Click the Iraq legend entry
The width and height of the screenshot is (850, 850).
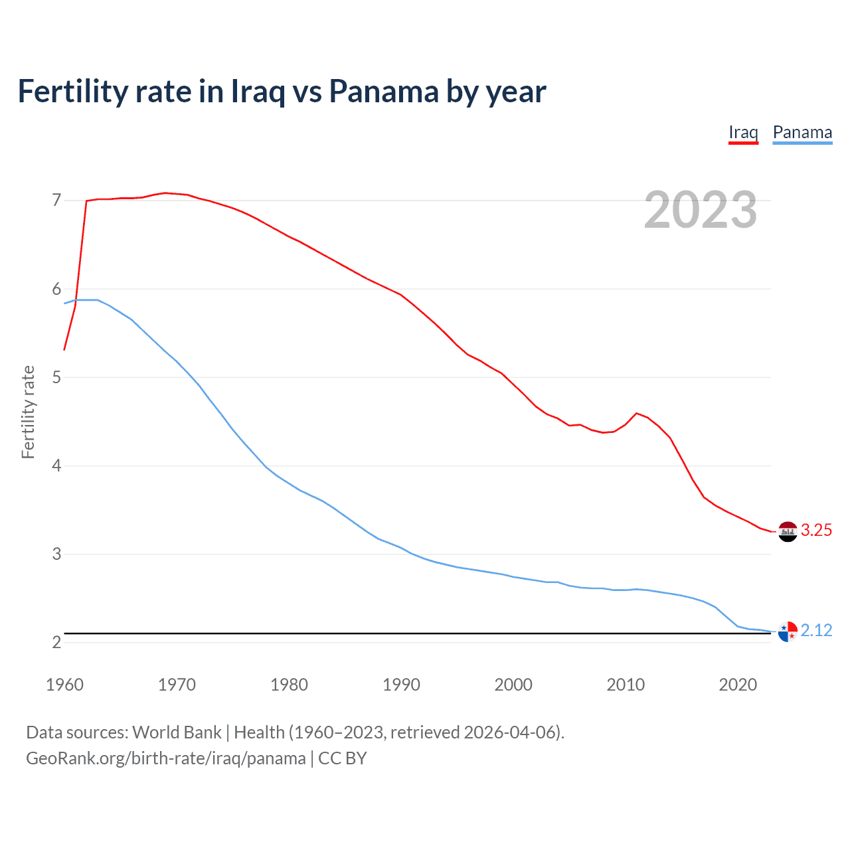[x=743, y=132]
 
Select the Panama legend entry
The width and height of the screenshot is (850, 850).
[x=802, y=132]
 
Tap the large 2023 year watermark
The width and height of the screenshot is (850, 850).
[x=701, y=210]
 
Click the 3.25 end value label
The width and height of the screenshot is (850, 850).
[x=816, y=530]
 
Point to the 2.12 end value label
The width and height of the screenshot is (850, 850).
[x=816, y=630]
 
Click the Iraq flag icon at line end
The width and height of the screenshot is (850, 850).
[x=788, y=531]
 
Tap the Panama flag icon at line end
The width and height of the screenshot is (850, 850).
[x=788, y=632]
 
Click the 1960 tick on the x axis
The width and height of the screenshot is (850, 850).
[x=64, y=685]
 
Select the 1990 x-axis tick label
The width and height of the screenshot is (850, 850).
[x=401, y=685]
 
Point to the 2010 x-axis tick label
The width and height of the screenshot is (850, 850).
[x=626, y=685]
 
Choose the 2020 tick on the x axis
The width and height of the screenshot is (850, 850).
[x=738, y=685]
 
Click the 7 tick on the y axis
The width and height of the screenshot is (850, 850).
[x=56, y=200]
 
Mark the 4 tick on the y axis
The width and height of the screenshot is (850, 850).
[x=56, y=466]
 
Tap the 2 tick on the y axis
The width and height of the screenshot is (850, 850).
[x=56, y=642]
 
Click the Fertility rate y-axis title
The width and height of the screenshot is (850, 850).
[x=28, y=412]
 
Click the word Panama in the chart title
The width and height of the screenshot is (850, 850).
[x=383, y=92]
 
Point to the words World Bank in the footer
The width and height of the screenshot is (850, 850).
[x=177, y=732]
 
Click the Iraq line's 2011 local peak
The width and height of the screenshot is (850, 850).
[x=637, y=413]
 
